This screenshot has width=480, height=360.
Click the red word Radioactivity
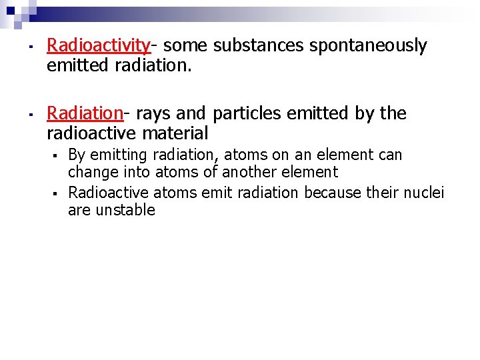tap(99, 45)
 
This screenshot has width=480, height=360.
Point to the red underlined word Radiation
tap(85, 113)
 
